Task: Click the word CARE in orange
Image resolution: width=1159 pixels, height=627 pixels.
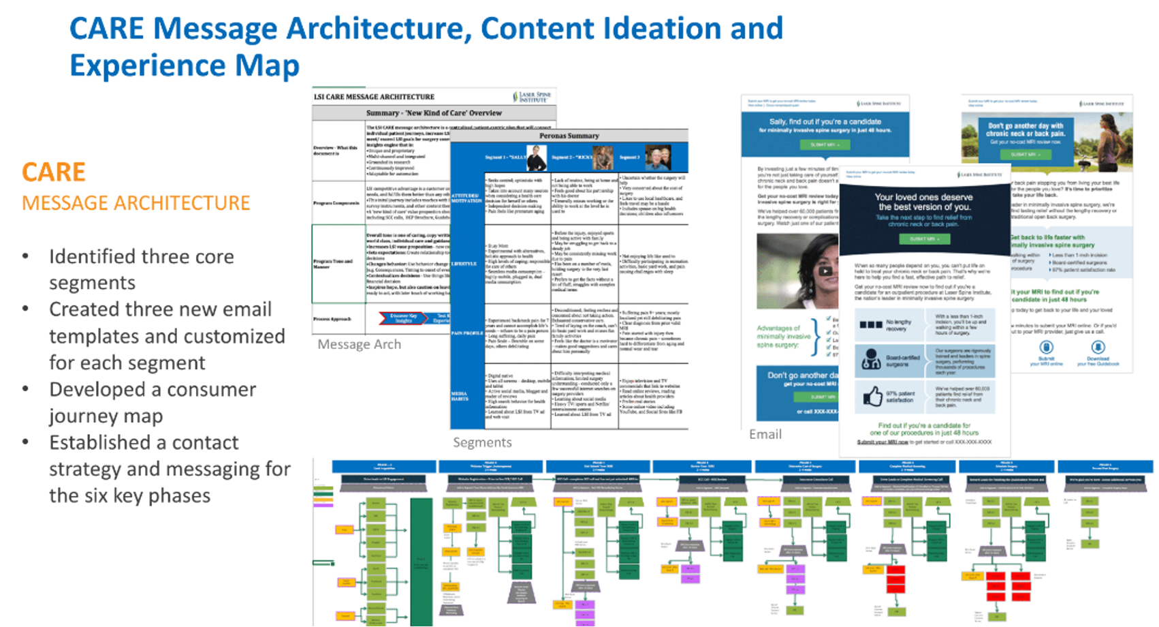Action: pyautogui.click(x=54, y=172)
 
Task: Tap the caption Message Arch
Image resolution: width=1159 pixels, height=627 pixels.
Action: pyautogui.click(x=359, y=344)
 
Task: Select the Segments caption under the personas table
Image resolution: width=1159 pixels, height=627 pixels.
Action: pyautogui.click(x=482, y=442)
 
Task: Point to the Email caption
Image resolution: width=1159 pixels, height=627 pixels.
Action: pyautogui.click(x=765, y=434)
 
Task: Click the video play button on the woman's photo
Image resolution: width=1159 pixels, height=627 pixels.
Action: pyautogui.click(x=825, y=271)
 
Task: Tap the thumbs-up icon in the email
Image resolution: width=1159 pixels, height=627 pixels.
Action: pyautogui.click(x=872, y=396)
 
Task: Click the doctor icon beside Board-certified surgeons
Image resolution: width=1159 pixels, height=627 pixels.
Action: pyautogui.click(x=872, y=359)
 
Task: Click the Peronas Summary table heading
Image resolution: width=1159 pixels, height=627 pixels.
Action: pyautogui.click(x=569, y=136)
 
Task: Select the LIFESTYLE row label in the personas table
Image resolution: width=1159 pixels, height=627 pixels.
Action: pyautogui.click(x=464, y=264)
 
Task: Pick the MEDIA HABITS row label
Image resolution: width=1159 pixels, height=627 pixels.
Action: pyautogui.click(x=460, y=395)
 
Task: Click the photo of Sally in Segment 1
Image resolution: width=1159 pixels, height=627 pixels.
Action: pyautogui.click(x=537, y=158)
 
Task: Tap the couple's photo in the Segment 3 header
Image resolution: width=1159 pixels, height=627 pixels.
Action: pyautogui.click(x=658, y=157)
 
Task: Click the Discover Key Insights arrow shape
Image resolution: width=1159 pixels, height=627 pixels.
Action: pyautogui.click(x=404, y=318)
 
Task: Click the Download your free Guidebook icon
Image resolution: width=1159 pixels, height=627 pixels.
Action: pyautogui.click(x=1098, y=348)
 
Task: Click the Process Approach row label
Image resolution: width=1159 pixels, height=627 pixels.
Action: pyautogui.click(x=332, y=318)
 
